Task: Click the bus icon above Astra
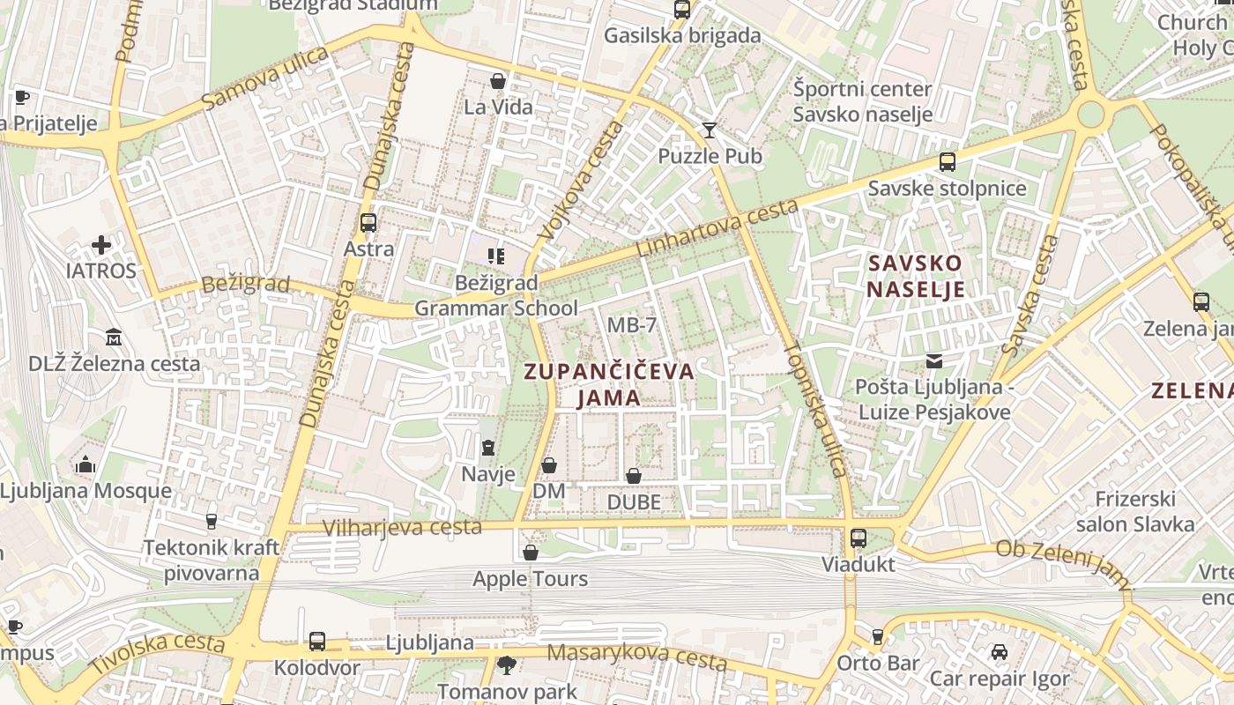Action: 368,223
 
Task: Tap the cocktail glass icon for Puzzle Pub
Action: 710,130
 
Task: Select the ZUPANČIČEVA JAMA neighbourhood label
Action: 609,384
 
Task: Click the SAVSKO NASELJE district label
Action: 915,276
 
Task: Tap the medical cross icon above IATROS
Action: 101,245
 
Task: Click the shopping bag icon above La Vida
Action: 498,81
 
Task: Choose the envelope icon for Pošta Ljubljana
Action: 933,360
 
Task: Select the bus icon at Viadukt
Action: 858,538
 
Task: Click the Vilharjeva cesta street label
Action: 402,527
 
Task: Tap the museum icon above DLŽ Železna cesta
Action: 114,337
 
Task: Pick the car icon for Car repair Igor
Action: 999,652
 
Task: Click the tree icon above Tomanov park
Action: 506,664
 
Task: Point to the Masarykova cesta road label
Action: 636,656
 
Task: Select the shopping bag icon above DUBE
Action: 633,476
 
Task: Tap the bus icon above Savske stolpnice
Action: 947,162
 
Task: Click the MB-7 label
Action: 632,325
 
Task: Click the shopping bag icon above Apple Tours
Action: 531,553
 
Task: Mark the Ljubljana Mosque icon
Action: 85,464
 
